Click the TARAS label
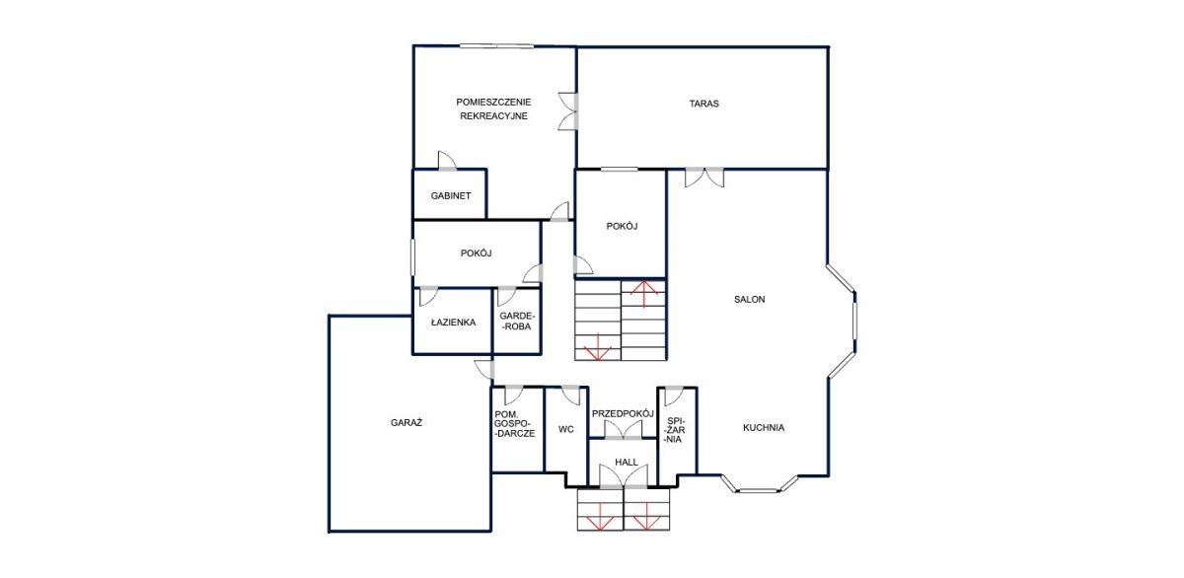pyautogui.click(x=703, y=104)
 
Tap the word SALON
pyautogui.click(x=749, y=300)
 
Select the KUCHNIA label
pyautogui.click(x=764, y=428)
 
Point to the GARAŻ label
pyautogui.click(x=406, y=423)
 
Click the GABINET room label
pyautogui.click(x=450, y=196)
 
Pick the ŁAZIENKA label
pyautogui.click(x=453, y=323)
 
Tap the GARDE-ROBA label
pyautogui.click(x=517, y=322)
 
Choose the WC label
pyautogui.click(x=565, y=429)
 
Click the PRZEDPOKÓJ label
pyautogui.click(x=623, y=413)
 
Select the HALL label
pyautogui.click(x=627, y=463)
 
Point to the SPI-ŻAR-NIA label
pyautogui.click(x=675, y=430)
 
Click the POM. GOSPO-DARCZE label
pyautogui.click(x=514, y=424)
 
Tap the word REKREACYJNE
pyautogui.click(x=493, y=116)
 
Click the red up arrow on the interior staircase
pyautogui.click(x=643, y=294)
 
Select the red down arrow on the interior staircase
pyautogui.click(x=598, y=347)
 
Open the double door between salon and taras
pyautogui.click(x=704, y=177)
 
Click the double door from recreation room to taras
pyautogui.click(x=568, y=111)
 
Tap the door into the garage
pyautogui.click(x=484, y=369)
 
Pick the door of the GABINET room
pyautogui.click(x=447, y=161)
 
